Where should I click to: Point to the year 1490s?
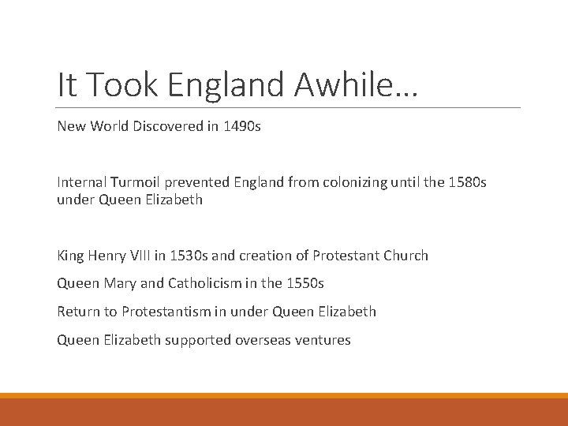[241, 126]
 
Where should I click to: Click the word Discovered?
[170, 126]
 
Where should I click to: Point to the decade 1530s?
[189, 256]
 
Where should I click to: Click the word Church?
[407, 256]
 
